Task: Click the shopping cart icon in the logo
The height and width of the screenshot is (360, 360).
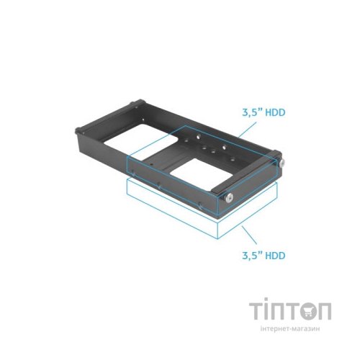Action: tap(300, 311)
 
